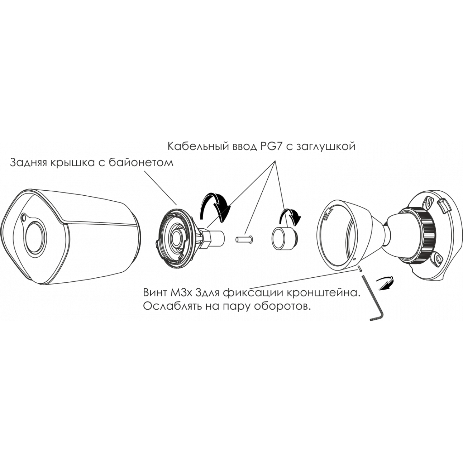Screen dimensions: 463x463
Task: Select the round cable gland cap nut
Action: click(x=285, y=237)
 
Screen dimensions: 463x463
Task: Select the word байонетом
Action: click(x=141, y=163)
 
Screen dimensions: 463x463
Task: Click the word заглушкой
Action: click(x=325, y=147)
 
